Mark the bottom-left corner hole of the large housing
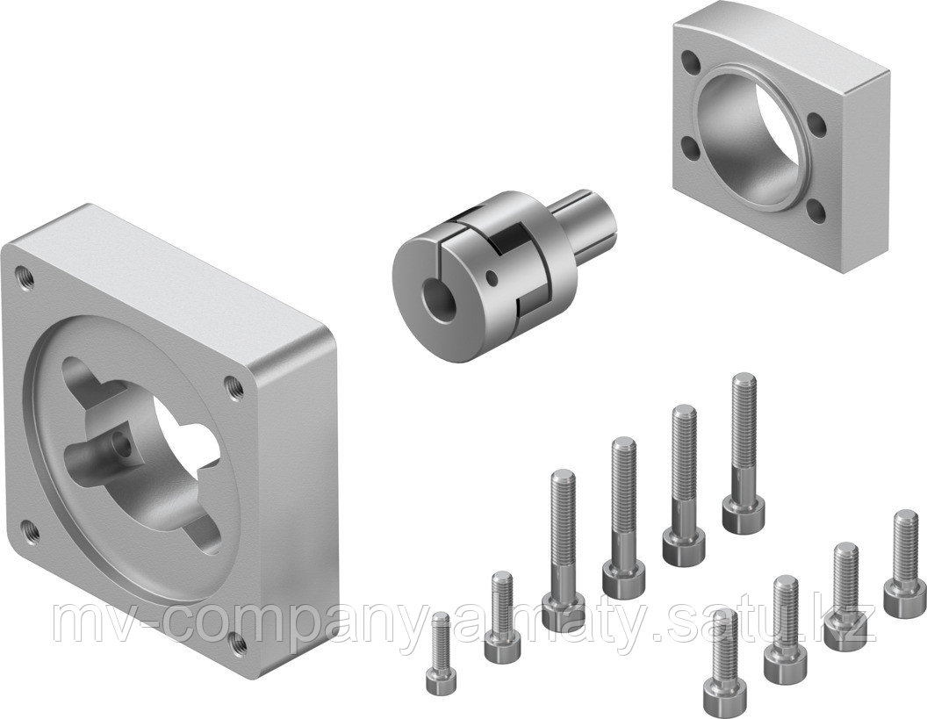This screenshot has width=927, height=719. coord(32,528)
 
